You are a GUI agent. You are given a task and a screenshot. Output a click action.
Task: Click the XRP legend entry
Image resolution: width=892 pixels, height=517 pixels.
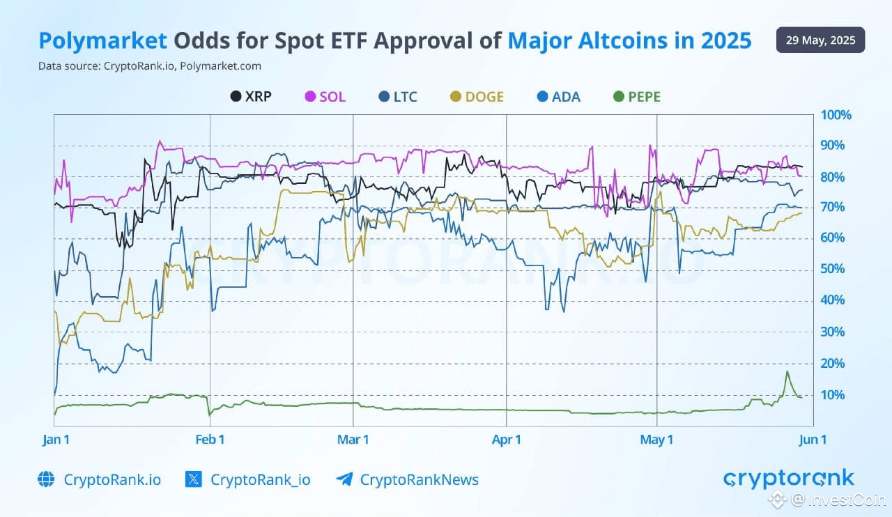pos(251,97)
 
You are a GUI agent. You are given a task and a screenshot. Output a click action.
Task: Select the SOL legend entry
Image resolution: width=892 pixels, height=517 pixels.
pos(325,97)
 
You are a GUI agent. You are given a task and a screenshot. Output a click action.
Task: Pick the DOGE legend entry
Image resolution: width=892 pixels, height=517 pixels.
pos(477,97)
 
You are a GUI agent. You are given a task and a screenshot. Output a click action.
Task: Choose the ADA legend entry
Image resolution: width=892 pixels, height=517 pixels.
pos(558,97)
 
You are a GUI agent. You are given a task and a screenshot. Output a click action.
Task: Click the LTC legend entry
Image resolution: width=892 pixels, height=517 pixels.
pos(397,97)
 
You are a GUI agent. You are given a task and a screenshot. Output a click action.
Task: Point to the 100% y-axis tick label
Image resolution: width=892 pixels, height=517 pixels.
pos(836,115)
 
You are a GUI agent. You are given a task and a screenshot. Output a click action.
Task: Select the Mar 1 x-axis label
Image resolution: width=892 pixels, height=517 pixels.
pos(353,440)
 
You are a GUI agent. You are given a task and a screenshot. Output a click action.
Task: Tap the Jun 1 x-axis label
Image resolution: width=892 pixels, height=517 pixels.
pos(813,440)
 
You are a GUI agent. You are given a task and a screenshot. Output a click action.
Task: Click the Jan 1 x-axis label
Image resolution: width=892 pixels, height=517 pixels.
pos(56,440)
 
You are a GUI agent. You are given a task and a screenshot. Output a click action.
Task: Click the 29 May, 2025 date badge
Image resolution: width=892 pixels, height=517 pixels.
pos(820,40)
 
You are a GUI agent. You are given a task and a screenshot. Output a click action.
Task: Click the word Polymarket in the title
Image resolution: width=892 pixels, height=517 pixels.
pos(102,41)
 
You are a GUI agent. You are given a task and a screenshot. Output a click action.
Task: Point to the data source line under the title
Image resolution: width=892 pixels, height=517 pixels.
pos(150,66)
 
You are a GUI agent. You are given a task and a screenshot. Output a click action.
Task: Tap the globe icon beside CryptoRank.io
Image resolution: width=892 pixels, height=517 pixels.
pos(46,479)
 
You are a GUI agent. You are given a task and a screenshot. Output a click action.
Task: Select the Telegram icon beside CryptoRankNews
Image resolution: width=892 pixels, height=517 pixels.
pos(344,479)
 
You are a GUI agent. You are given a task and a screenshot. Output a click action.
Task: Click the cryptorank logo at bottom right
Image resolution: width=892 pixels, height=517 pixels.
pos(788,479)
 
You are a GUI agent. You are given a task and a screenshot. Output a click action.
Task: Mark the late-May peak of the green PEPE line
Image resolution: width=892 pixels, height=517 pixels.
pos(787,371)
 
